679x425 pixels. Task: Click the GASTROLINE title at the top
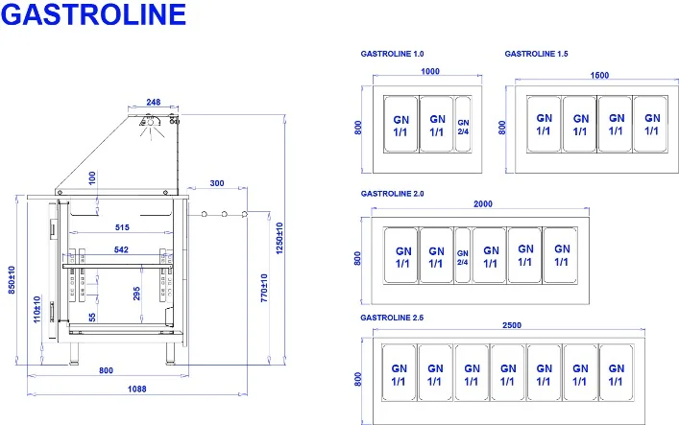93,14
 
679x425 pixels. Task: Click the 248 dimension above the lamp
154,102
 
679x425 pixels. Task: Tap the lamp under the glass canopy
150,121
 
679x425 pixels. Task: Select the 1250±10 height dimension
279,238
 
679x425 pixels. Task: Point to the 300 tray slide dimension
217,183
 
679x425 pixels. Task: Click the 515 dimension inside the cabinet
122,227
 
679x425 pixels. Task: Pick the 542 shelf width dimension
121,249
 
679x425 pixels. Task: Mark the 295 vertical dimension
136,294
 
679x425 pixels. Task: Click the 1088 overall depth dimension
136,390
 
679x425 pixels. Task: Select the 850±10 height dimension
12,280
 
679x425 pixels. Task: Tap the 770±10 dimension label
264,288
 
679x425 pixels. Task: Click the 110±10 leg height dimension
37,309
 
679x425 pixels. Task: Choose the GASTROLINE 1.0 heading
393,54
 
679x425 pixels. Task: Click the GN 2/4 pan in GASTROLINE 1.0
463,124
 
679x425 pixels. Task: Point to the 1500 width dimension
599,75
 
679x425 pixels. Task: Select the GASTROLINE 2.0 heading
393,194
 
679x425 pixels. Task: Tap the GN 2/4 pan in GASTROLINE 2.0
463,256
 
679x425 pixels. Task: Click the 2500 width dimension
512,325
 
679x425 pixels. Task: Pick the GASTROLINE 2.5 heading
392,318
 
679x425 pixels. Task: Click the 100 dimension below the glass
92,177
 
